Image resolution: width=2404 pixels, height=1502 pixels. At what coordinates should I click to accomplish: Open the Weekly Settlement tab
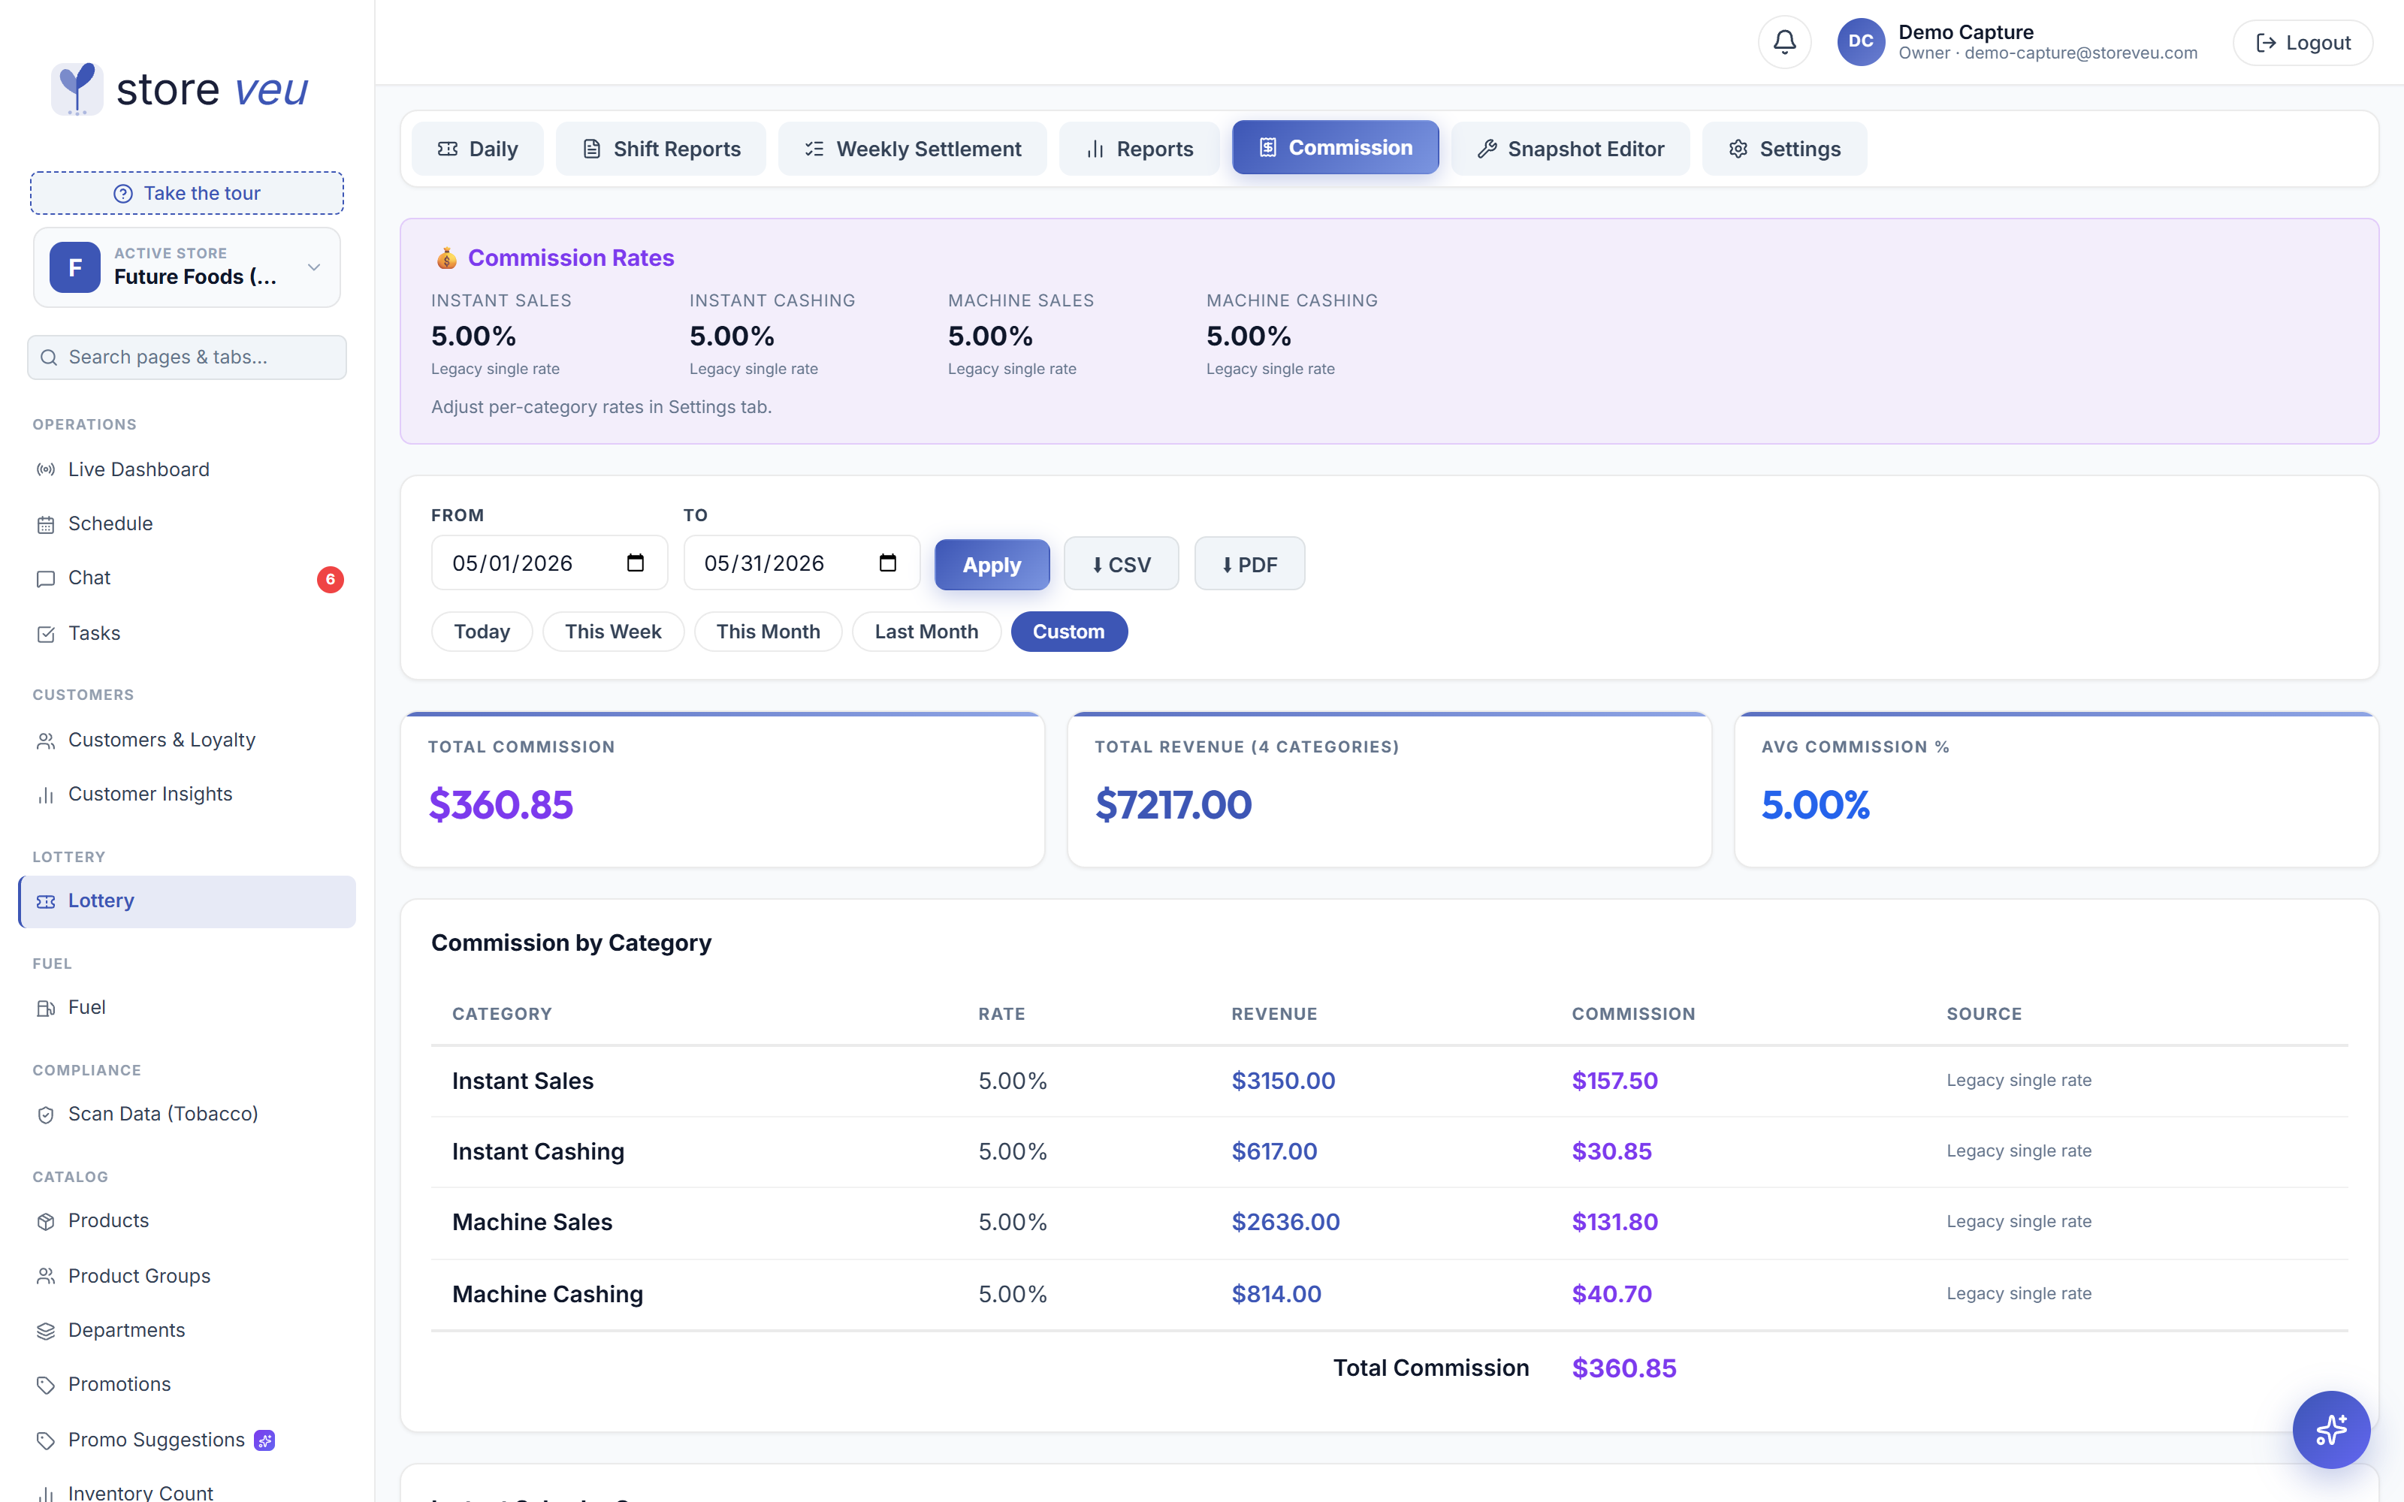(912, 149)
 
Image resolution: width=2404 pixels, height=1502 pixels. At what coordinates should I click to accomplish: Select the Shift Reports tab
(660, 149)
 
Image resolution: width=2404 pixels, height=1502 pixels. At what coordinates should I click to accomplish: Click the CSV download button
(1121, 564)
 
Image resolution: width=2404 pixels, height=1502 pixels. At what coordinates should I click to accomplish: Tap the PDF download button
(1249, 564)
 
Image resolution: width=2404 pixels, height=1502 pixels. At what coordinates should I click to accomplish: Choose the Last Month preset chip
(926, 632)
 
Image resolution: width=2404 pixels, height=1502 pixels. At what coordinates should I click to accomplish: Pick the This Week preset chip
(613, 632)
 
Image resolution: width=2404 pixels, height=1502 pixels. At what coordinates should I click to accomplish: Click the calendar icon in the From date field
(636, 563)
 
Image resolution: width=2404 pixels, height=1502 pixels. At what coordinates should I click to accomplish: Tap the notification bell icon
(1784, 42)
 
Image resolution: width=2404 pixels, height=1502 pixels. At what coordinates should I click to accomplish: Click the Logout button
(2303, 43)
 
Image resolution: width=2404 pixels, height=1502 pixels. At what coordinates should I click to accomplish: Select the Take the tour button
(187, 193)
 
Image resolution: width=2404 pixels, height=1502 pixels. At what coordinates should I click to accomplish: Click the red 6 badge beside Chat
(331, 579)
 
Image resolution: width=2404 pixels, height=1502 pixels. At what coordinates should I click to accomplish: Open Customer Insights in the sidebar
(150, 794)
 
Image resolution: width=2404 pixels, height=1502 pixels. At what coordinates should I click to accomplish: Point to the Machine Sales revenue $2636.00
(1285, 1222)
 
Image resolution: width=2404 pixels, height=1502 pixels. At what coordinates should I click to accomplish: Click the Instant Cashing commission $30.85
(1611, 1151)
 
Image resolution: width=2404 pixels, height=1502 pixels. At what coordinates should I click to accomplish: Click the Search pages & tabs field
(187, 357)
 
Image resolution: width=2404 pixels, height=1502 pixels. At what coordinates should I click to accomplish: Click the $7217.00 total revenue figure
(1173, 804)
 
